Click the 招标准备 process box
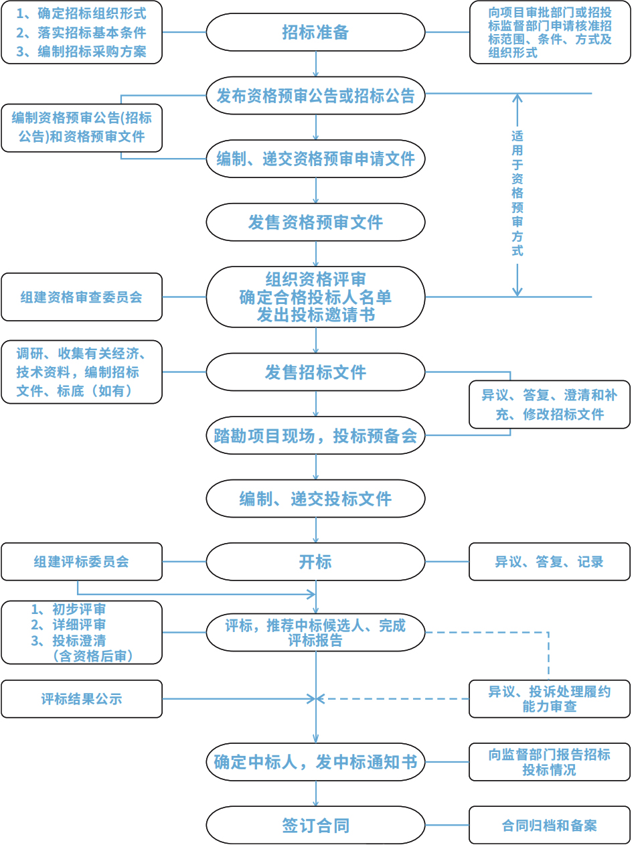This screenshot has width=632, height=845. pos(315,32)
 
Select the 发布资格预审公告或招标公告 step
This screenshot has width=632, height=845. pos(315,96)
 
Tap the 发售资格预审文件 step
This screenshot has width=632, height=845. pos(315,222)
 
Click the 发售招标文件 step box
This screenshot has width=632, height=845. pos(315,372)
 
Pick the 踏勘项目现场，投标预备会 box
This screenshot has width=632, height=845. pos(315,436)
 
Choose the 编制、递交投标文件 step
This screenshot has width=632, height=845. pos(315,499)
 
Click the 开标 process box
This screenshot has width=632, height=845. pos(315,562)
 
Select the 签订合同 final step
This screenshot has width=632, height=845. pos(315,826)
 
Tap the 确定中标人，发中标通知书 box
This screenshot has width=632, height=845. pos(315,762)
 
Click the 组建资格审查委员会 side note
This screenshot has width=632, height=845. pos(82,297)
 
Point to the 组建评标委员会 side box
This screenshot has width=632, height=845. pos(82,562)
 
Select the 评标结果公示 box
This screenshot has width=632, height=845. pos(82,699)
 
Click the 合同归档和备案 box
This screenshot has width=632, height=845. pos(550,826)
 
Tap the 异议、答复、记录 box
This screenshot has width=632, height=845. pos(550,562)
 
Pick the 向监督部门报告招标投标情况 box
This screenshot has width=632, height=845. pos(550,762)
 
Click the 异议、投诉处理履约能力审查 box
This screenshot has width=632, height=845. pos(550,699)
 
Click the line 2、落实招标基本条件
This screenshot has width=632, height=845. pos(82,32)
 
